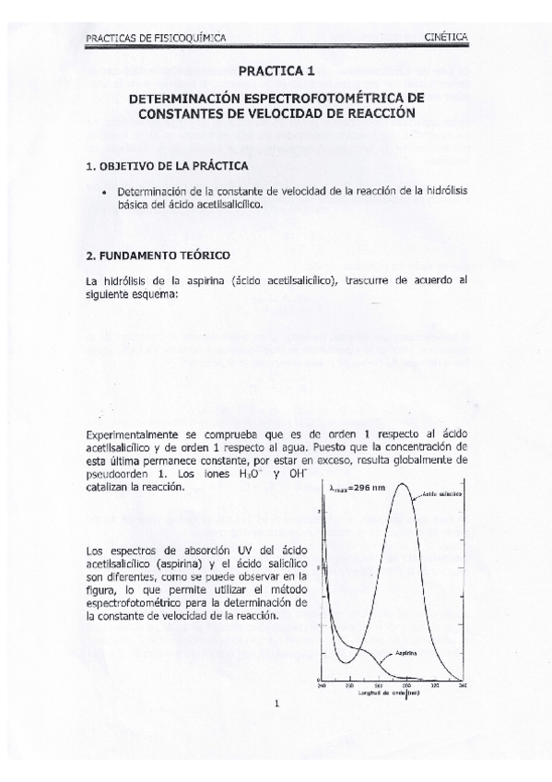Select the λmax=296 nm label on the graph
356,488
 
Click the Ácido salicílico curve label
443,495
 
